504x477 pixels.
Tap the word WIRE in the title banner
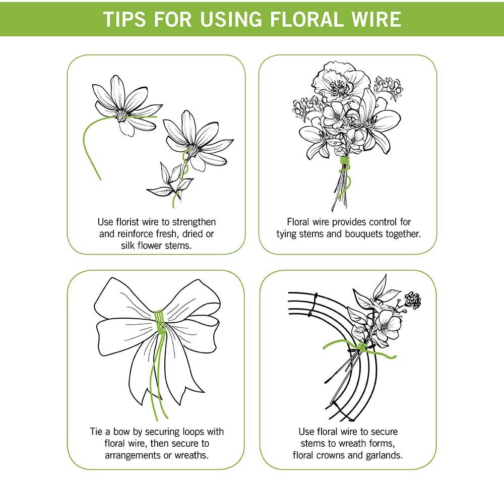coord(374,19)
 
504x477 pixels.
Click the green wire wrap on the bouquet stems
coord(345,163)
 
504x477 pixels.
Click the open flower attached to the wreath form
coord(388,322)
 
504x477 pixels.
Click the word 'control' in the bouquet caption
coord(381,222)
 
